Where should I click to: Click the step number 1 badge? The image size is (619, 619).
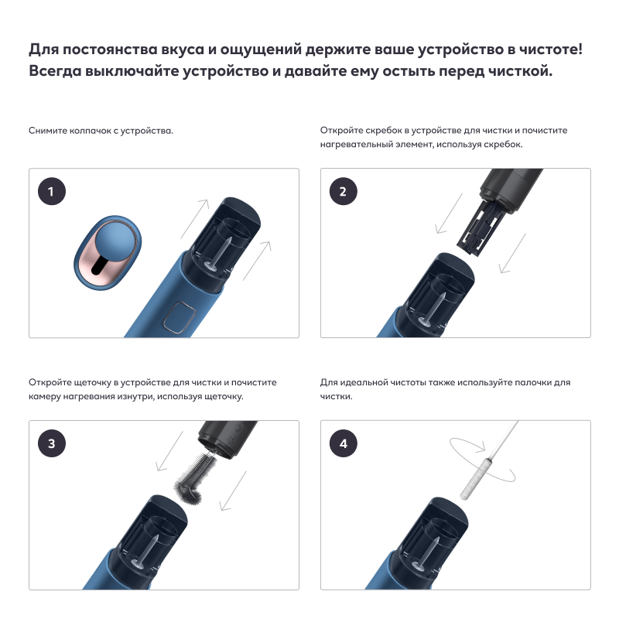pos(52,191)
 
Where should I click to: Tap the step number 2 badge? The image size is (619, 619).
pos(343,191)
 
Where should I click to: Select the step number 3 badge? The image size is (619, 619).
pos(52,443)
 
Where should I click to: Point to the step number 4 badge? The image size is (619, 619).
pos(343,443)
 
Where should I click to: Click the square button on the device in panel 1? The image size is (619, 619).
pos(180,316)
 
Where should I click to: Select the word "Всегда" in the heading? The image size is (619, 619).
pos(55,71)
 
